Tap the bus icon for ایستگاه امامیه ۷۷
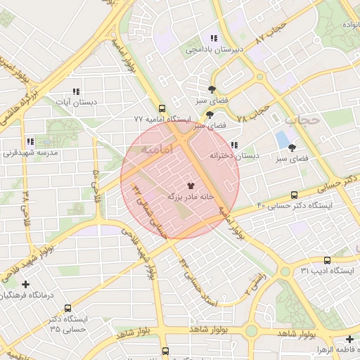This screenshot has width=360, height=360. tap(162, 109)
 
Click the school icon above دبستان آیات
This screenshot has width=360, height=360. tap(76, 91)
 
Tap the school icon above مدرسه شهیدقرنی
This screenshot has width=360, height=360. tap(30, 141)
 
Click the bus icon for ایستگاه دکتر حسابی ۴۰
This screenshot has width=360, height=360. tap(294, 195)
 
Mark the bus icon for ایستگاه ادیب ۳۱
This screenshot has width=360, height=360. tap(326, 260)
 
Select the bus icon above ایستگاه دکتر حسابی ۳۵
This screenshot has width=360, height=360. tap(67, 308)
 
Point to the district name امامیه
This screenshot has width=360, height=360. tap(157, 150)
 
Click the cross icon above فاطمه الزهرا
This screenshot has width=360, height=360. tap(349, 339)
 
